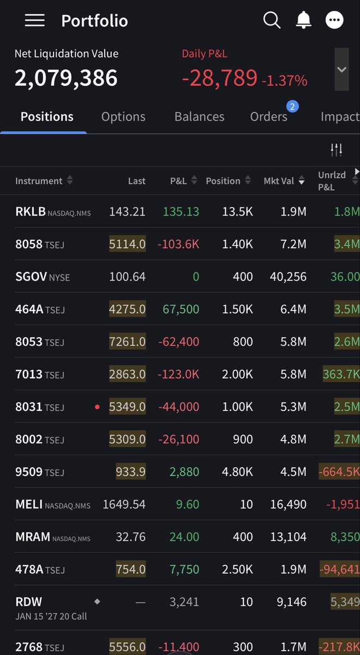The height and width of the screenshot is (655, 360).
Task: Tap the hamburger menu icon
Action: (35, 20)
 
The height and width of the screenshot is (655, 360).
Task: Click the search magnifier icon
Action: (272, 20)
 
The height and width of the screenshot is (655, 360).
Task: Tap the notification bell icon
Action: (304, 20)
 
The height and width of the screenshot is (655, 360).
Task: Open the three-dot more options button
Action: (334, 20)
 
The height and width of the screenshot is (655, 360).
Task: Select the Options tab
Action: (123, 117)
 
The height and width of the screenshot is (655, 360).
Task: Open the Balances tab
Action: (199, 117)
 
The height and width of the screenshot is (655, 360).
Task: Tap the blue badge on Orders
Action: (292, 106)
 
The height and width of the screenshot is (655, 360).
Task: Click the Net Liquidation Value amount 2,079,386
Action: (66, 78)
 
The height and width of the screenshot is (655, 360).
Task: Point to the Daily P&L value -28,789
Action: (220, 78)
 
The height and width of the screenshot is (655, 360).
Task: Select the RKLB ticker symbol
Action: (31, 211)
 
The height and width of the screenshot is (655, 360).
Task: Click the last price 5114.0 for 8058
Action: (128, 244)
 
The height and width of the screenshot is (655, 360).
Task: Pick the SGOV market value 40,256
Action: (288, 277)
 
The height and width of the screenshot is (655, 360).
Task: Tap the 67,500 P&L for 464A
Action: (181, 309)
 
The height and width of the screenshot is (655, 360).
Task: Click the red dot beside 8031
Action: (97, 407)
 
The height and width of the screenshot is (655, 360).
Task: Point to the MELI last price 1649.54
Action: (124, 504)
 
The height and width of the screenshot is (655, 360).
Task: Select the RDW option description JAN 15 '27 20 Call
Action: (51, 616)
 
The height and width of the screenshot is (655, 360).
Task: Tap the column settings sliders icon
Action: (337, 150)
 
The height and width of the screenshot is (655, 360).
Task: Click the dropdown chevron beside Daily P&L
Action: (341, 69)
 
